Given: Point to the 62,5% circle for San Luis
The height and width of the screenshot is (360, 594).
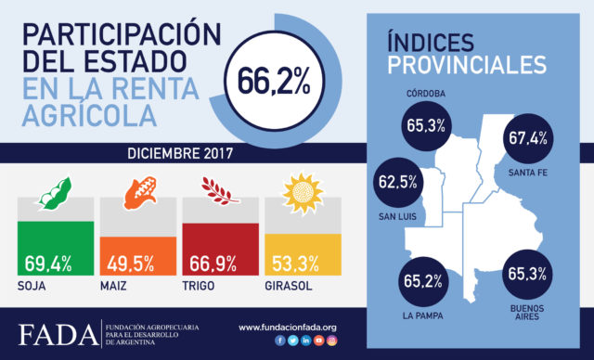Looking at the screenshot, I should coord(398,182).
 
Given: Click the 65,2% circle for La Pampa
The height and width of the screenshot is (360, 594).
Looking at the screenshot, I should coord(424,276).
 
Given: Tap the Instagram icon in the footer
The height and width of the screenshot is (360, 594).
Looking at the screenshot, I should coord(320,341).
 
